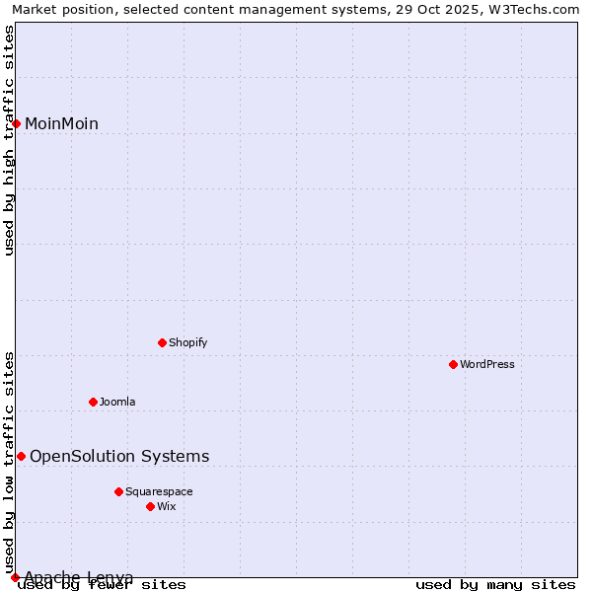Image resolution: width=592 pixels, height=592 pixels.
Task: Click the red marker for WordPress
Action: tap(454, 365)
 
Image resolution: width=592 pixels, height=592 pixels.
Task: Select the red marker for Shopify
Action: tap(163, 343)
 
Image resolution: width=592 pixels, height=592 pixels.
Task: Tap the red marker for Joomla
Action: tap(94, 402)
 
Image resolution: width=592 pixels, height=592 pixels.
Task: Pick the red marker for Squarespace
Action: tap(118, 491)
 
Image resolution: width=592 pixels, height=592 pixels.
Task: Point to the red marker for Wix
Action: tap(151, 506)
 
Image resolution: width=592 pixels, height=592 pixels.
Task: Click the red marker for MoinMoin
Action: tap(17, 123)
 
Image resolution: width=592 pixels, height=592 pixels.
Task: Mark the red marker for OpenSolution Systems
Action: tap(21, 456)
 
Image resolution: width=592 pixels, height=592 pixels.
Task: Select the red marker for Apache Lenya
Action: tap(15, 577)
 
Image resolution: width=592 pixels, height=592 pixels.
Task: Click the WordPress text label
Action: tap(487, 365)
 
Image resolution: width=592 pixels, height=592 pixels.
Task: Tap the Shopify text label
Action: tap(187, 343)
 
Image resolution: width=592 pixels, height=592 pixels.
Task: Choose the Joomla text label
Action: tap(117, 402)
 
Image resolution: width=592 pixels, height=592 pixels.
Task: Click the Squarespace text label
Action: tap(159, 491)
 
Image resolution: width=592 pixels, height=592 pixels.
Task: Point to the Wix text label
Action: tap(166, 506)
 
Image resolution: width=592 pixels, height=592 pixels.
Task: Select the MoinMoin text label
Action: tap(61, 123)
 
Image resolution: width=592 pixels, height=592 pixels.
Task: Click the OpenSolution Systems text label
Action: tap(119, 456)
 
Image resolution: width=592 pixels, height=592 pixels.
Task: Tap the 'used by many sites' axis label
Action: tap(495, 585)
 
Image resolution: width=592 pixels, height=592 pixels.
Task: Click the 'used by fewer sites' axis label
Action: tap(103, 585)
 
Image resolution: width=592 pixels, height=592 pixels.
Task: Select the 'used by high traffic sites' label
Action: tap(10, 140)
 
